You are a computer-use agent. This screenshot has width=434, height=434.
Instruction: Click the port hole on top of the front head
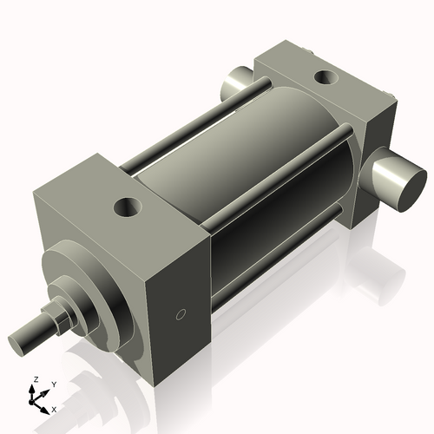coord(128,207)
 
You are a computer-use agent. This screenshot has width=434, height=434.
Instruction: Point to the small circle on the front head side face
coord(181,313)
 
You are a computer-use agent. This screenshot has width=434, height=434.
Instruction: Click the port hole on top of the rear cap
coord(326,77)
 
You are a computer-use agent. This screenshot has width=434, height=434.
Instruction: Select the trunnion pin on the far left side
coord(234,85)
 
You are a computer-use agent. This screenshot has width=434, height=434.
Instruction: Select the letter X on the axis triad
coord(55,408)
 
